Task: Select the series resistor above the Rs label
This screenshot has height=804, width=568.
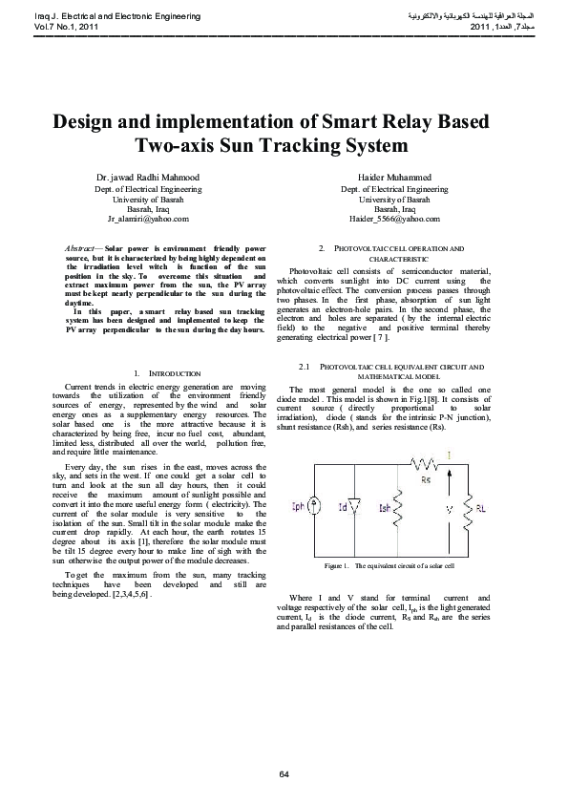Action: pos(424,463)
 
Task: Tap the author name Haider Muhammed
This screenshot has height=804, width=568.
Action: pos(394,178)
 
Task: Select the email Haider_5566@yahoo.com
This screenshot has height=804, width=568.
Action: pos(394,219)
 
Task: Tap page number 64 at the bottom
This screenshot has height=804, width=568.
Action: pos(284,772)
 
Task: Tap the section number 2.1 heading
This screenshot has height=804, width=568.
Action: pos(305,367)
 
